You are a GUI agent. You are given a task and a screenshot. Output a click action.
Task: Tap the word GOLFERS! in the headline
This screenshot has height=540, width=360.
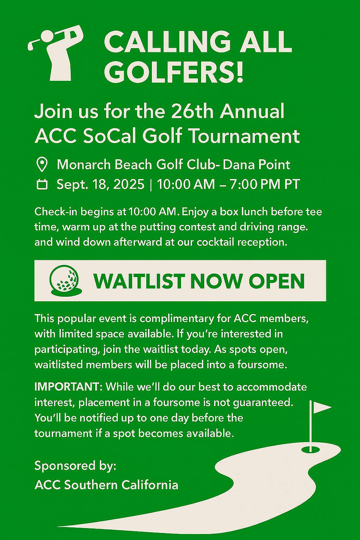[x=174, y=72]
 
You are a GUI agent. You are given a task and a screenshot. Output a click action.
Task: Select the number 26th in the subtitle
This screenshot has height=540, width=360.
[x=192, y=111]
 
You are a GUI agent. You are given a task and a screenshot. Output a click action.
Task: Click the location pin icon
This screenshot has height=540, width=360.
[x=42, y=165]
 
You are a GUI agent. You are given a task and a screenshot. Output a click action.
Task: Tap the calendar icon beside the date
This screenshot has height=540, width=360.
[x=42, y=184]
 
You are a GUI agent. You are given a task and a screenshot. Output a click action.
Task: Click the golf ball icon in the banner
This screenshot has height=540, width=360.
[x=66, y=281]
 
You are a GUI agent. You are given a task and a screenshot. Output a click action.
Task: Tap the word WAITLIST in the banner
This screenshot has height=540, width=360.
[x=139, y=281]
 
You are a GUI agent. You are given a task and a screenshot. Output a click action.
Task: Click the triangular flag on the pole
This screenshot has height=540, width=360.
[x=322, y=407]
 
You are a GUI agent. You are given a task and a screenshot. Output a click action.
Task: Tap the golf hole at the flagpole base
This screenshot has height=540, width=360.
[x=310, y=449]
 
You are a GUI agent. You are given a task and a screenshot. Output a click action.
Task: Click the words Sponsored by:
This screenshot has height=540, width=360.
[x=75, y=466]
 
